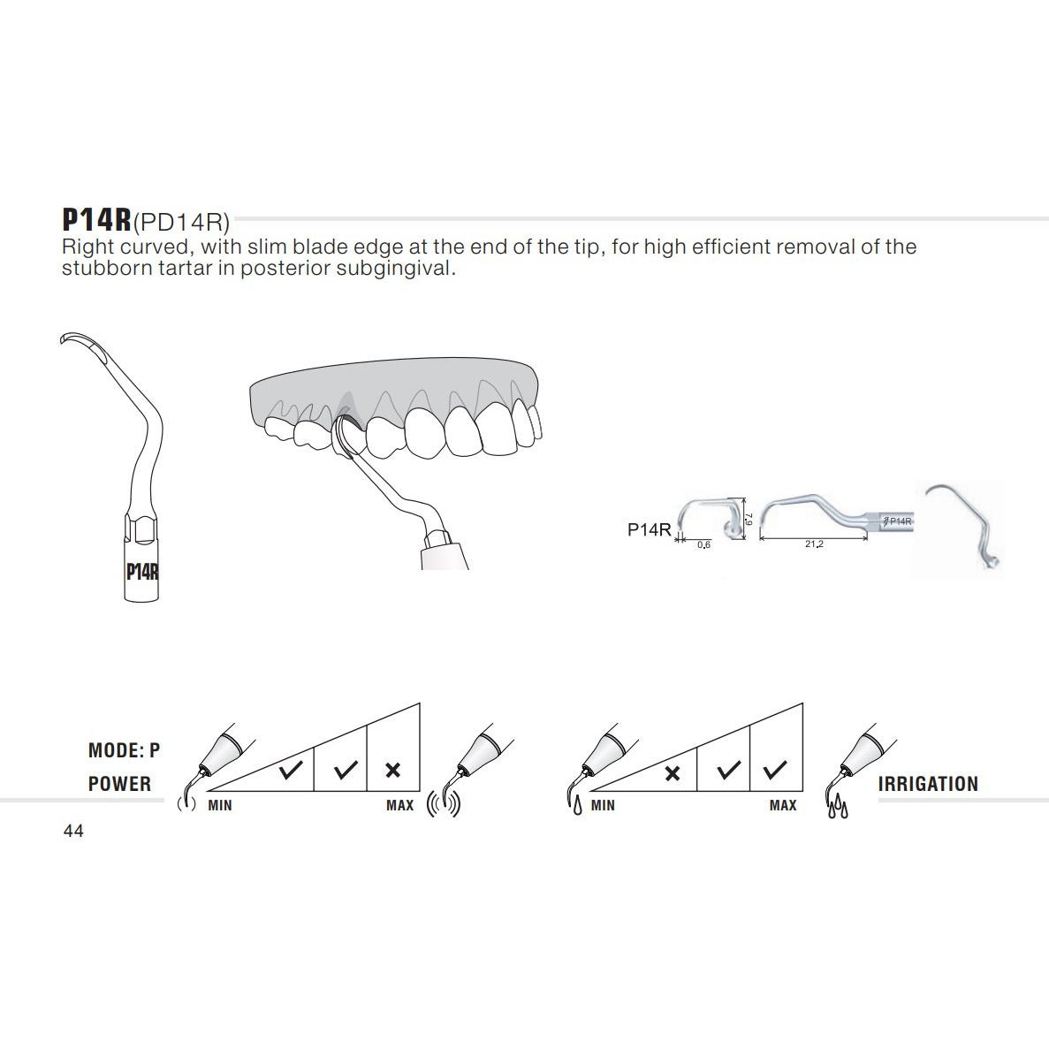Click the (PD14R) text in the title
(x=181, y=220)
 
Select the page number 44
(x=73, y=832)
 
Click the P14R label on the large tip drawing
(x=141, y=571)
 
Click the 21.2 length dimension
(x=814, y=544)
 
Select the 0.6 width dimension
(x=703, y=545)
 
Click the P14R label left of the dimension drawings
(x=650, y=529)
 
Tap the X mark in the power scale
(x=393, y=771)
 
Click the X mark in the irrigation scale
(x=672, y=773)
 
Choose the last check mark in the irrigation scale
(x=775, y=771)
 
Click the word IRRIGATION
(x=928, y=784)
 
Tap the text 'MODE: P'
(x=124, y=751)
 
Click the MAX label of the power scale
(x=399, y=806)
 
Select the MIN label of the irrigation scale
(x=603, y=806)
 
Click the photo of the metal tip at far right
(x=963, y=528)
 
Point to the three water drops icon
(x=835, y=807)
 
